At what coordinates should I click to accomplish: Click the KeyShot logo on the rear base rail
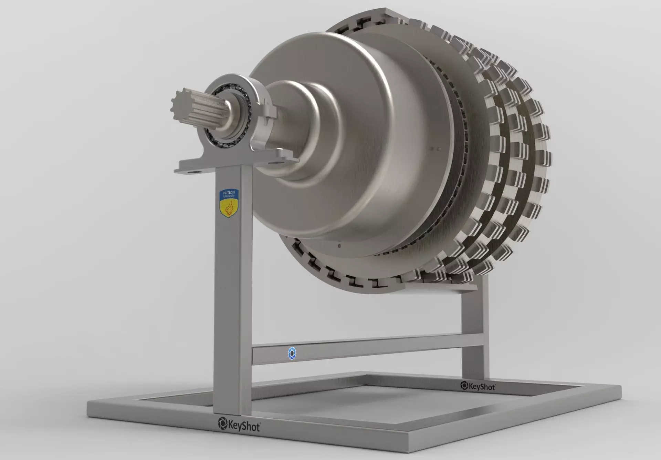478,386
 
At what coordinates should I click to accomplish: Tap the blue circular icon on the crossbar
292,353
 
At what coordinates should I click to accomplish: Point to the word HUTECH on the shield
228,193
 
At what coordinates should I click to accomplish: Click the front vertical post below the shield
232,310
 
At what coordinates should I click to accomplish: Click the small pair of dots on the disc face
436,149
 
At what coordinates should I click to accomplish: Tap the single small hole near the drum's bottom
339,246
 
